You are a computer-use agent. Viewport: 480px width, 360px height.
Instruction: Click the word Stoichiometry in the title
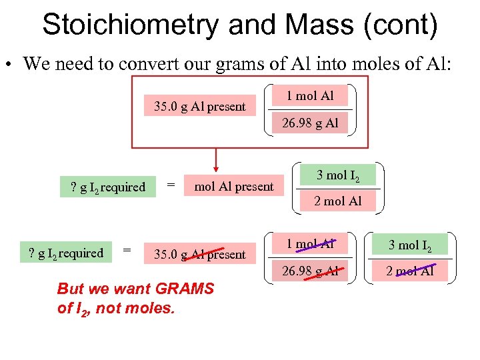click(129, 25)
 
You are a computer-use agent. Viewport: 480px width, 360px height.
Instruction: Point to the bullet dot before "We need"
click(9, 65)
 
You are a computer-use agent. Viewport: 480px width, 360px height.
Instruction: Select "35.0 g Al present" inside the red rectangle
click(200, 107)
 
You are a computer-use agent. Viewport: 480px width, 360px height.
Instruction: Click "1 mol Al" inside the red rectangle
click(310, 96)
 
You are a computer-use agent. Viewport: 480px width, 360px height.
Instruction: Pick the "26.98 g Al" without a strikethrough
click(310, 123)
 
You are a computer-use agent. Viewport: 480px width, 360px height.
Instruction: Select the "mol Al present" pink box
click(233, 187)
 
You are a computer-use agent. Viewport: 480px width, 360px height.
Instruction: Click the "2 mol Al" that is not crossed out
click(338, 201)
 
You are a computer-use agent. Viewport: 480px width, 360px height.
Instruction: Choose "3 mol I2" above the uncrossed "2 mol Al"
click(338, 176)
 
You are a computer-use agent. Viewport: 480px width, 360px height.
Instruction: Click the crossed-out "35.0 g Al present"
click(200, 254)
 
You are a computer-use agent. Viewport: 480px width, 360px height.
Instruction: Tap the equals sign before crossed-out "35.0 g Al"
click(127, 251)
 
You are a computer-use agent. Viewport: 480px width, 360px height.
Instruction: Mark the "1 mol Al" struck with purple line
click(310, 245)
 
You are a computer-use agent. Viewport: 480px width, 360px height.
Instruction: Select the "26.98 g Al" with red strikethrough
click(310, 271)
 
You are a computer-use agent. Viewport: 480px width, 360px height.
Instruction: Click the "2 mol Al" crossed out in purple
click(410, 271)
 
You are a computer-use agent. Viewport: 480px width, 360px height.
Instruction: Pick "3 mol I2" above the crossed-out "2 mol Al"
click(410, 245)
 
